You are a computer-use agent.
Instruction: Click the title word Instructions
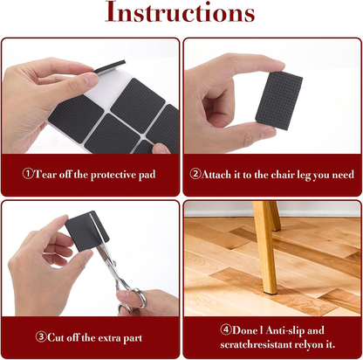tap(181, 15)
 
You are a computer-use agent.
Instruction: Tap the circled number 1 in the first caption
tap(27, 174)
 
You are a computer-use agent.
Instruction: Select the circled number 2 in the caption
tap(196, 174)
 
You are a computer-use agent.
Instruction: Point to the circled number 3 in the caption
tap(41, 336)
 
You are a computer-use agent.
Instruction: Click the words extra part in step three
tap(123, 336)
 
